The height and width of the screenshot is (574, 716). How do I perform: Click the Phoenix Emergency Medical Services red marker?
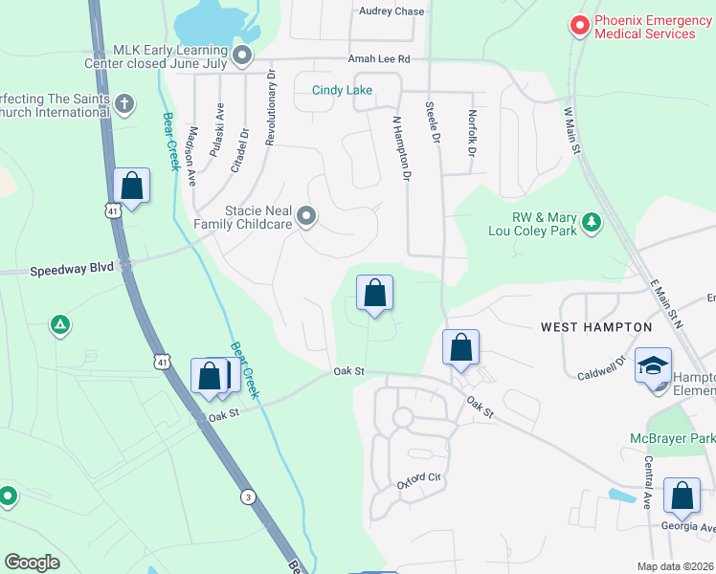[x=579, y=26]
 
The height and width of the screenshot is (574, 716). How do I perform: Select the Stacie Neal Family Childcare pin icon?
[x=306, y=217]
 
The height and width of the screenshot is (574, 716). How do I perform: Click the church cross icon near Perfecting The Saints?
[x=123, y=103]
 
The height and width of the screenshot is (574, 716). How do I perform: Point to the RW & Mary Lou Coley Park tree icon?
[x=593, y=223]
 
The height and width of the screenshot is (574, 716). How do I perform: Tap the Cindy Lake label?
[x=342, y=91]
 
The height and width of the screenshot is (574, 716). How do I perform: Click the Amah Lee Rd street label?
[x=378, y=59]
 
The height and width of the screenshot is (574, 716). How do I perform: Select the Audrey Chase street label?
[x=392, y=11]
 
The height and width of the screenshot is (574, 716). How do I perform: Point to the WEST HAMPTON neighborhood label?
[x=596, y=327]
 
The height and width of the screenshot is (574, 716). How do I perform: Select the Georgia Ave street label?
[x=687, y=526]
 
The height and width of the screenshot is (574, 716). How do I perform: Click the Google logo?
[x=33, y=563]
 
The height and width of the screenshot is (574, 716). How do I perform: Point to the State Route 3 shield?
[x=248, y=497]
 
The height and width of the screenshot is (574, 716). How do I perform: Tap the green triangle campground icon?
[x=60, y=325]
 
